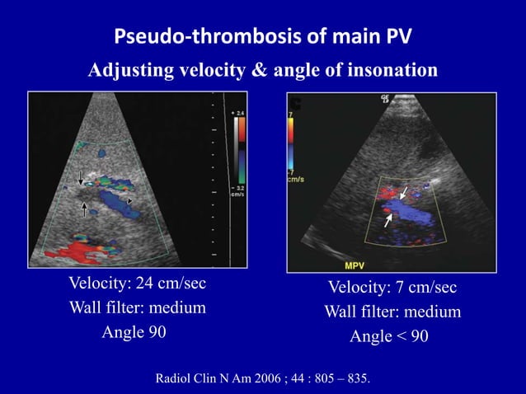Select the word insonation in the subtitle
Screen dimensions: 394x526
(387, 71)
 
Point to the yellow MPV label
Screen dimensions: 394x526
(358, 265)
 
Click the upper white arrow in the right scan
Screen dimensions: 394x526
(403, 193)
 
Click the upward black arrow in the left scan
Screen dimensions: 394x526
(84, 209)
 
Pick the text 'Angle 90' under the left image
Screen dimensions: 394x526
(134, 333)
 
